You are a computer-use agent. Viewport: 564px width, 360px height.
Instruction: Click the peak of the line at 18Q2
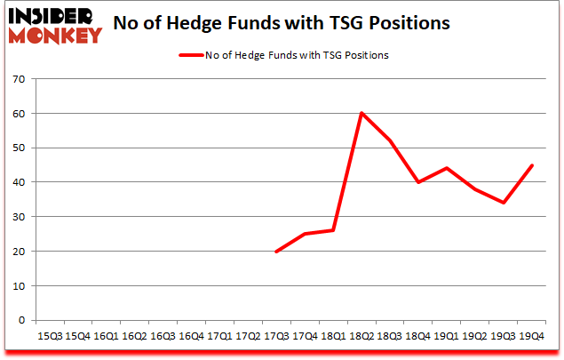[361, 113]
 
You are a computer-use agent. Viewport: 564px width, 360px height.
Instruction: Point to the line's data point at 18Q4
[417, 182]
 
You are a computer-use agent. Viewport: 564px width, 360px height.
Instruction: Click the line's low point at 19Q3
[503, 203]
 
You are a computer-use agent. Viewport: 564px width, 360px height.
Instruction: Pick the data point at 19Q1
[446, 168]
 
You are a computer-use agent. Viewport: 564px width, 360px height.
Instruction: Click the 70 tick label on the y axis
[20, 79]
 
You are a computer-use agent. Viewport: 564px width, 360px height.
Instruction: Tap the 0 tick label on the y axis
[22, 320]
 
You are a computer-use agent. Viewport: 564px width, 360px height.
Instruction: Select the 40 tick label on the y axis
[20, 182]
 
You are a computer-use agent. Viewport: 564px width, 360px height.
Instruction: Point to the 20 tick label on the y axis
[20, 252]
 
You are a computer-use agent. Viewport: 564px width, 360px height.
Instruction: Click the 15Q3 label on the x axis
[50, 336]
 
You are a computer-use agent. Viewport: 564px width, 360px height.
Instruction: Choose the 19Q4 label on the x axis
[530, 336]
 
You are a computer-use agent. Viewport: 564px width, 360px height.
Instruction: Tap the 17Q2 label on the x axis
[248, 336]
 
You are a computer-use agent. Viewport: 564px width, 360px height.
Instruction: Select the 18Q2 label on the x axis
[361, 336]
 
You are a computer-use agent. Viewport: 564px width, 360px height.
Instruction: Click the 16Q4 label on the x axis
[191, 336]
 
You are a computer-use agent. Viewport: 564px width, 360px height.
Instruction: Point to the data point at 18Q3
[390, 140]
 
